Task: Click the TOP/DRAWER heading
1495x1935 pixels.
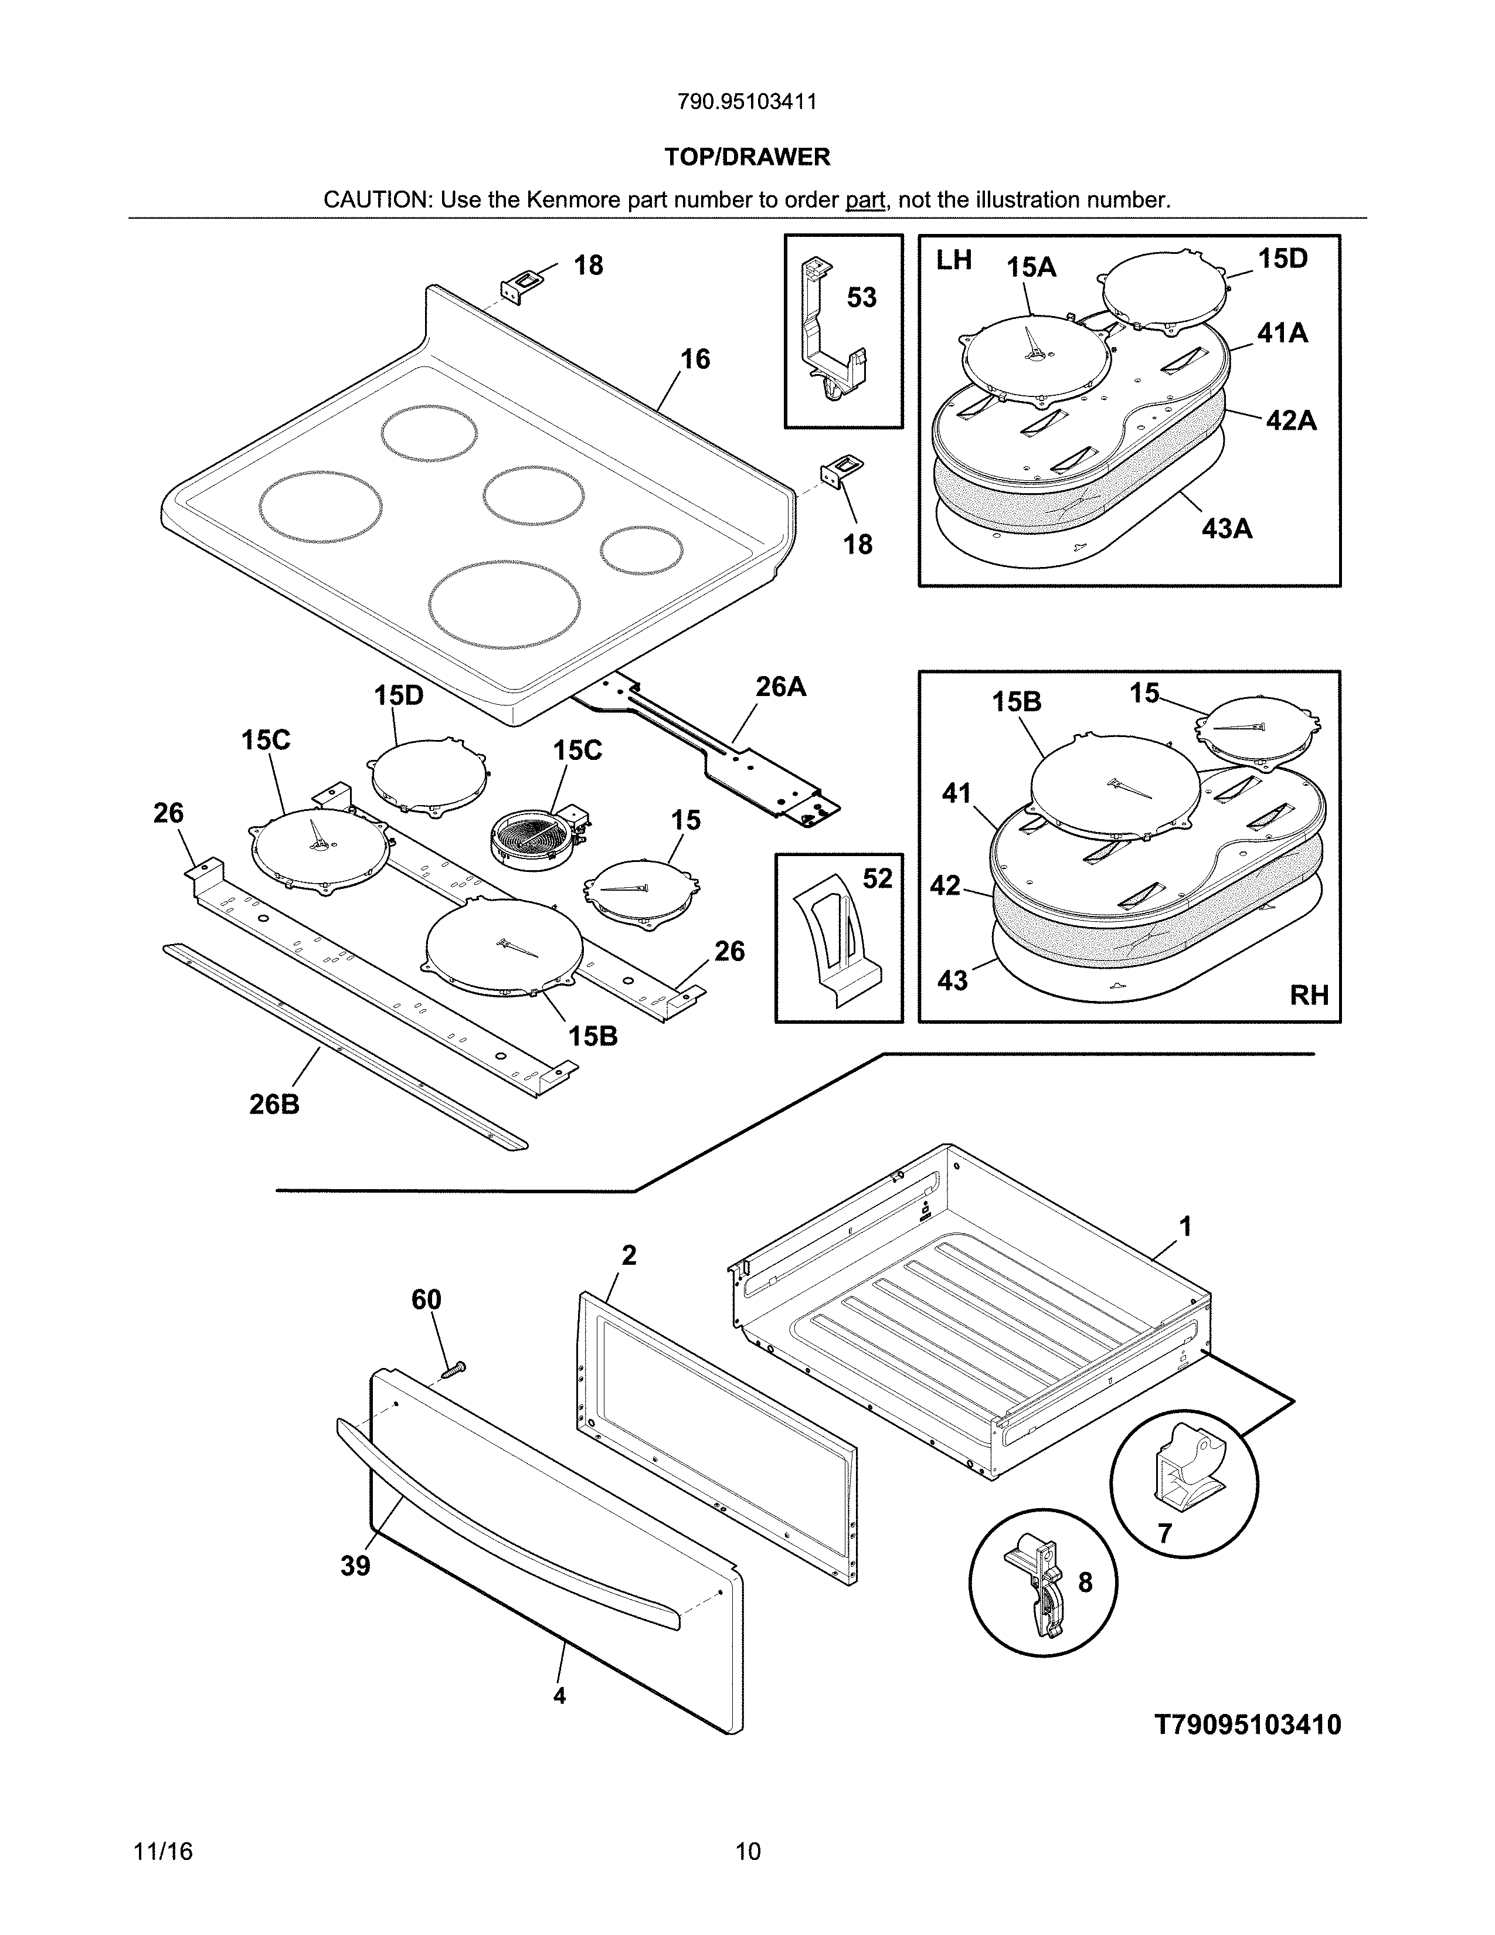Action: (x=746, y=157)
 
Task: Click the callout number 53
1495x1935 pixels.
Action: (x=861, y=298)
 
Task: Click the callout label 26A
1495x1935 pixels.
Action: (x=780, y=687)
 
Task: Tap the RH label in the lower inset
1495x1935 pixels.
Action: (x=1308, y=996)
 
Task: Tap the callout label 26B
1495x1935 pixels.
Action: (x=274, y=1104)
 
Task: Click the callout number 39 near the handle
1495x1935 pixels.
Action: (x=355, y=1566)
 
